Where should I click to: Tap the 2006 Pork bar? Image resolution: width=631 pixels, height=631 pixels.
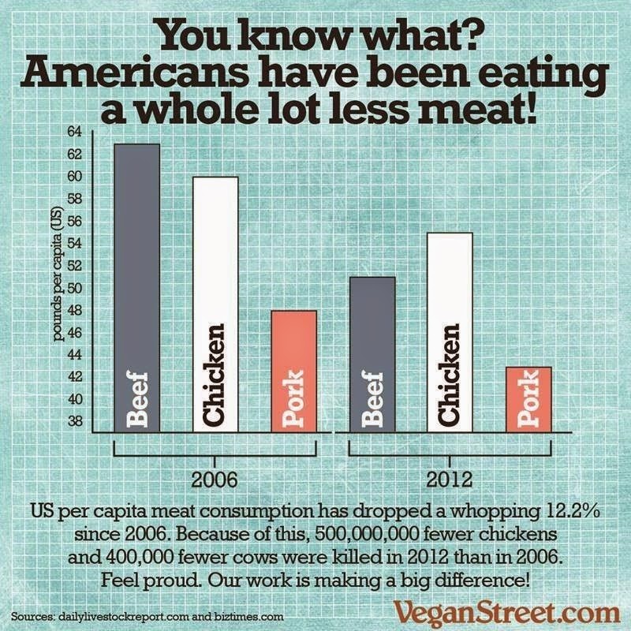pos(293,371)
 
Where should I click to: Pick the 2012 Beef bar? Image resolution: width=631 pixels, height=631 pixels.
pos(372,354)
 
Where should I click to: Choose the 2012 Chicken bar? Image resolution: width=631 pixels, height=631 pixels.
pos(450,332)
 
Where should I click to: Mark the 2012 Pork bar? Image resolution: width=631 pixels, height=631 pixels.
pos(528,399)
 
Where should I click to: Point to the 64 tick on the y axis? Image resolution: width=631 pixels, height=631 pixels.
pos(76,133)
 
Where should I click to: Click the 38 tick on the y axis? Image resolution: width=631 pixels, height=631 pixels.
pos(76,422)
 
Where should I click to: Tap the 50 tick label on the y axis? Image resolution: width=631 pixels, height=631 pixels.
pos(76,289)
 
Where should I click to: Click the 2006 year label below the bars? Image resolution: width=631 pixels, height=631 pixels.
pos(215,478)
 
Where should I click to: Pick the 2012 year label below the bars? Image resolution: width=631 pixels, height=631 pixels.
pos(450,478)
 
